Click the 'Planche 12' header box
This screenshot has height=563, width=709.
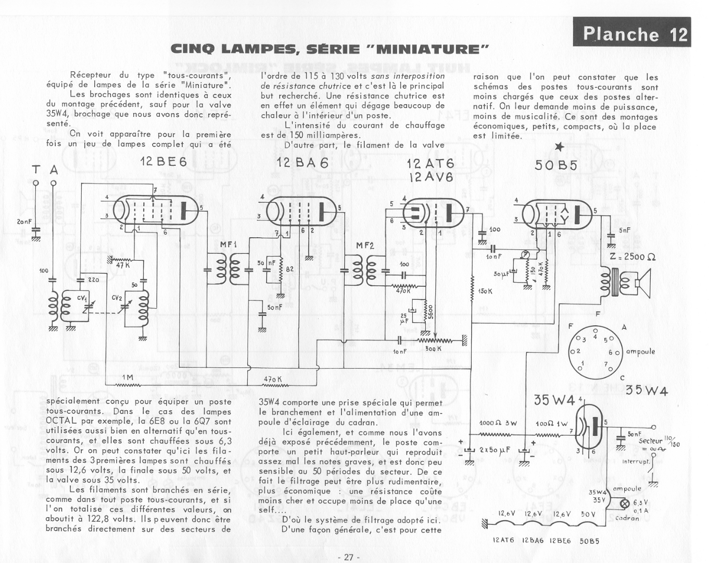click(x=632, y=33)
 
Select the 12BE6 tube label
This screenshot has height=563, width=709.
click(x=163, y=162)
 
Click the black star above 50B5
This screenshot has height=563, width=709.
click(x=559, y=148)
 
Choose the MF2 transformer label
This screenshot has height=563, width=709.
click(x=365, y=245)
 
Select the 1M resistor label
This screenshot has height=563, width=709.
click(x=128, y=377)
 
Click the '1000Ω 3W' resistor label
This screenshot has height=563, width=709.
click(x=498, y=423)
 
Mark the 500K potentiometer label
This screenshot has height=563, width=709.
click(x=433, y=348)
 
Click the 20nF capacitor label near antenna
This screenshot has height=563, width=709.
click(x=23, y=222)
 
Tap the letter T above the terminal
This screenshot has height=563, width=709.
click(x=36, y=170)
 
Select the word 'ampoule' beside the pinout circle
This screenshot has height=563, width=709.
click(x=640, y=351)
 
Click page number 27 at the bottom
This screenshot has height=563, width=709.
click(x=349, y=557)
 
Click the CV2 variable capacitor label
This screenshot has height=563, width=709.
click(x=117, y=298)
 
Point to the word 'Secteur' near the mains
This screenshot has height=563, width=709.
click(x=650, y=441)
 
